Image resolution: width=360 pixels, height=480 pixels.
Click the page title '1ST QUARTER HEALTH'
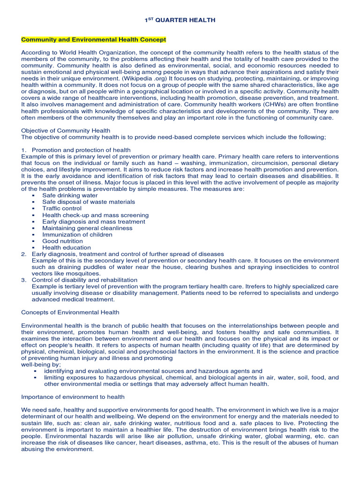click(180, 20)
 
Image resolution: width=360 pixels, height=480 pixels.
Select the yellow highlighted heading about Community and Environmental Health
click(93, 40)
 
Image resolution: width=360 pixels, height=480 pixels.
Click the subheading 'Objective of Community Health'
click(66, 130)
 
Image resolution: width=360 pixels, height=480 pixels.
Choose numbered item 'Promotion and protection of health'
click(81, 150)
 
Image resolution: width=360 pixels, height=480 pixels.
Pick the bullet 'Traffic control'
click(61, 208)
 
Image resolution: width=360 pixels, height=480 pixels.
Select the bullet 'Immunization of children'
click(77, 234)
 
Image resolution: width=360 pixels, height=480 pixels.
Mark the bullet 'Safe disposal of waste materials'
click(88, 202)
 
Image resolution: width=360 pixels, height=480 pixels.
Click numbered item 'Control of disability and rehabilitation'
click(84, 280)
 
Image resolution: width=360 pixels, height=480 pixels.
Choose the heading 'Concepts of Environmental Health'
click(70, 312)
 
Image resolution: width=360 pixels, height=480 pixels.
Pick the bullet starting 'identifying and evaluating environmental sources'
click(153, 371)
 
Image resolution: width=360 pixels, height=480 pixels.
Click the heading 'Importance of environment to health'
click(73, 397)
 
